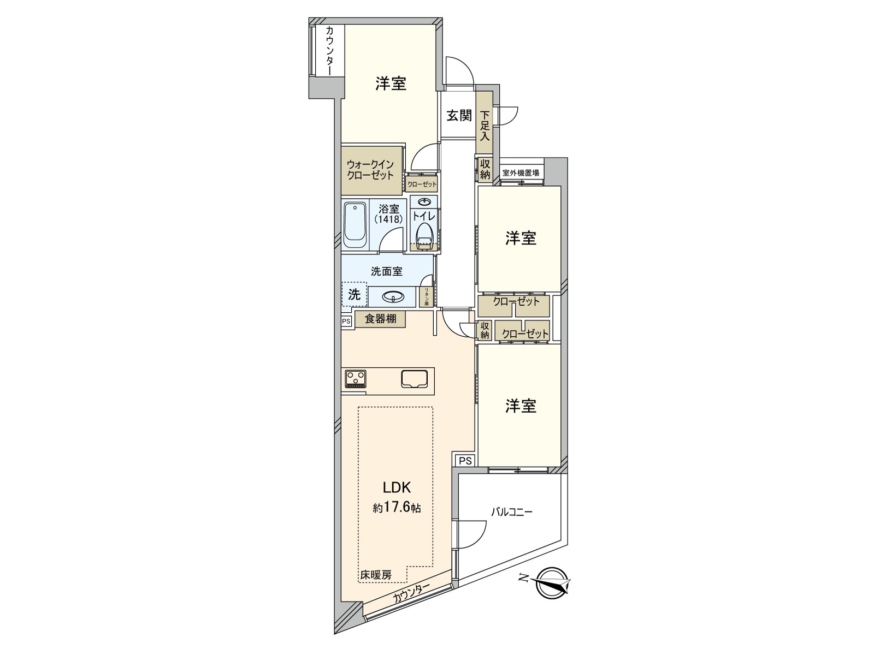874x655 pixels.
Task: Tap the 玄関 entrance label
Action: coord(459,116)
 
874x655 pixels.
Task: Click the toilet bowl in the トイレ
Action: coord(424,238)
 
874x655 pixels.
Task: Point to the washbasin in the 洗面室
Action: coord(392,296)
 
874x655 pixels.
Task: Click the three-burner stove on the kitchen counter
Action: coord(356,378)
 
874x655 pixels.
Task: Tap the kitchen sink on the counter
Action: coord(415,378)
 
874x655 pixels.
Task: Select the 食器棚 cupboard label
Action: coord(380,319)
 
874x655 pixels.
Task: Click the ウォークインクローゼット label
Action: coord(370,170)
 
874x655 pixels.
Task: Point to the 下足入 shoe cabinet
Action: coord(485,126)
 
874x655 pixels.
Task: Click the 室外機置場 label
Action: coord(521,173)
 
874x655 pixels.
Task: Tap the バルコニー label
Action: coord(511,512)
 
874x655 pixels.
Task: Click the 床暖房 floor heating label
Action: coord(375,575)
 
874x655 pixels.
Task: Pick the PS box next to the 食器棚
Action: coord(346,321)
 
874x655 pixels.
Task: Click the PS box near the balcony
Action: coord(465,461)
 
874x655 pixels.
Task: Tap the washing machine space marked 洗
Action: coord(354,295)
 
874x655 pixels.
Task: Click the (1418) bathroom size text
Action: coord(388,219)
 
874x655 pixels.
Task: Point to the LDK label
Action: coord(396,487)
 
